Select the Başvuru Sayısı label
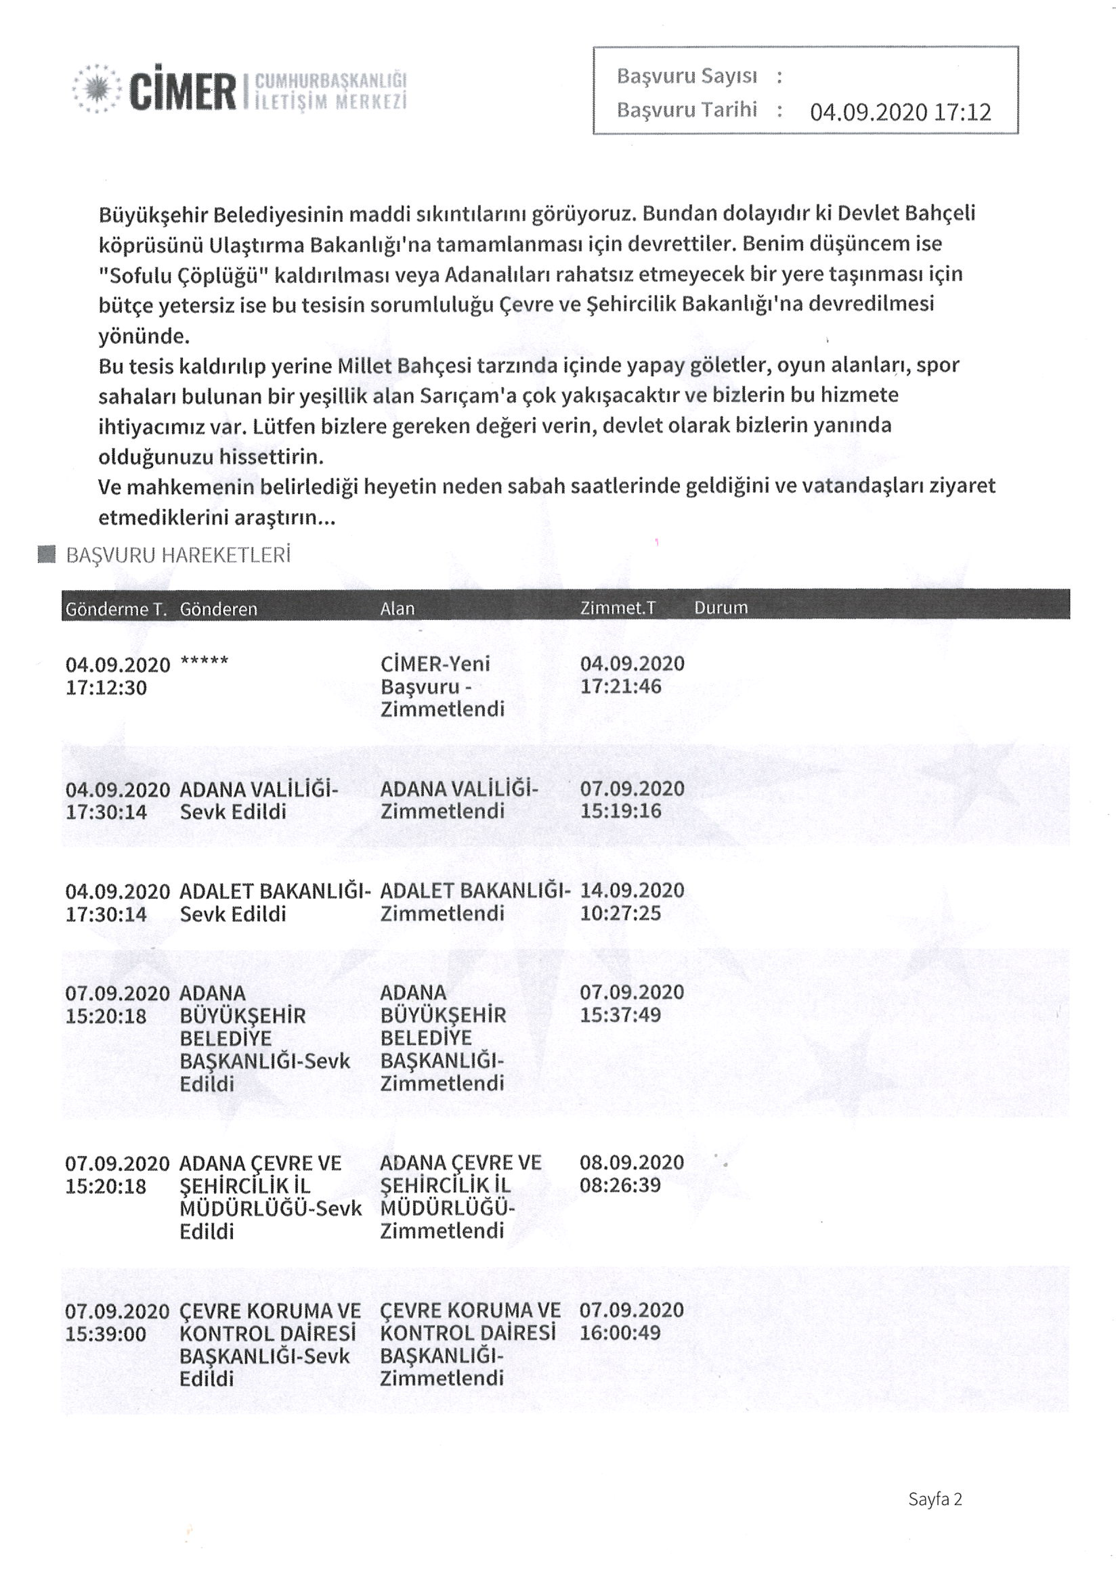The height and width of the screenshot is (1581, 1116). (686, 76)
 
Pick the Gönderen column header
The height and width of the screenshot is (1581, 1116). (219, 609)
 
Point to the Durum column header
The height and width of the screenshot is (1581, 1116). (720, 608)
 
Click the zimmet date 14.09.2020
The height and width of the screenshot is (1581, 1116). (632, 890)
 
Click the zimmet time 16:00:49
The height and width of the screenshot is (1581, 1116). (620, 1332)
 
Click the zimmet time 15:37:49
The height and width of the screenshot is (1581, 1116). (620, 1015)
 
